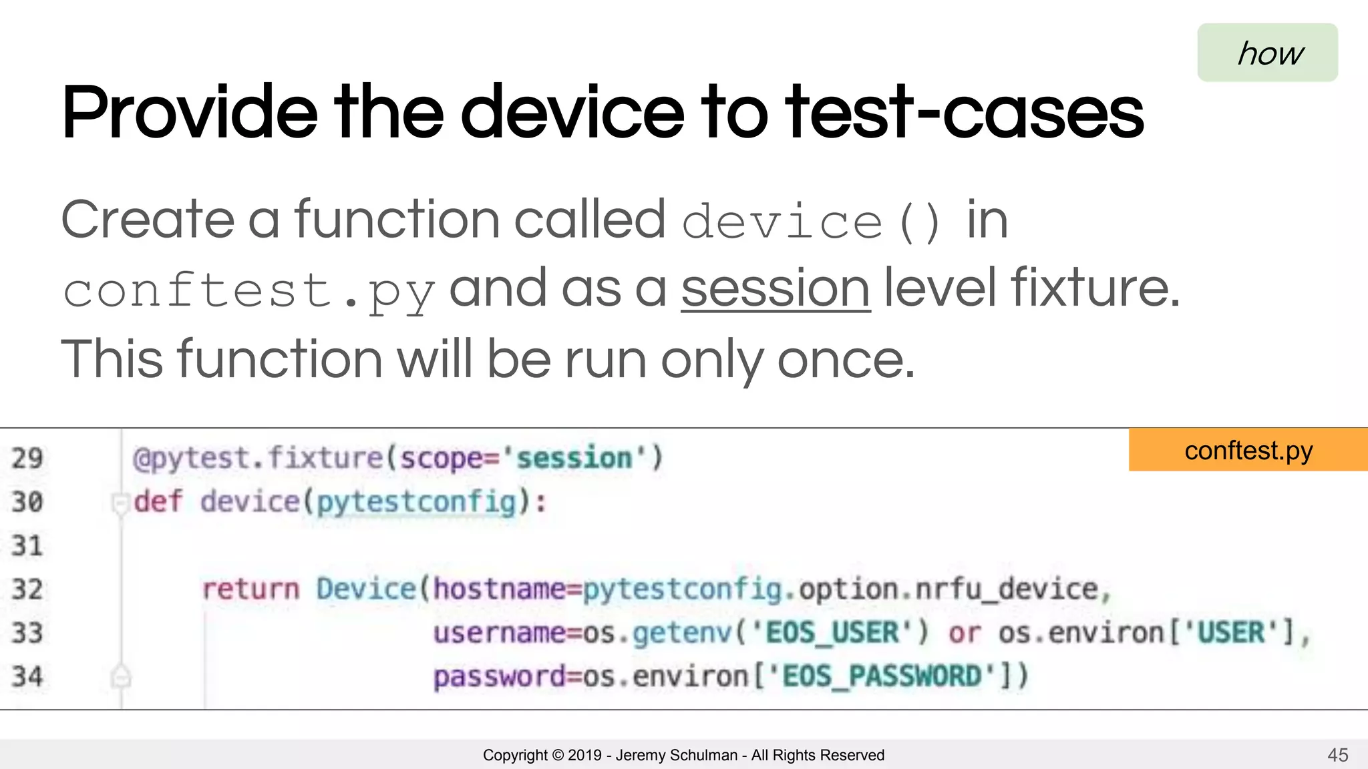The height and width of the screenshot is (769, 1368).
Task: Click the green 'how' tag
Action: point(1267,53)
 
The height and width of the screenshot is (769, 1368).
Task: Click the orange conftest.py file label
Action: point(1248,451)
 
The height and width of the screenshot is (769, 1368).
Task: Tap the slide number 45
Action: point(1337,755)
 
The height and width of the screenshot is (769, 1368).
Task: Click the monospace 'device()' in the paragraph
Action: point(812,222)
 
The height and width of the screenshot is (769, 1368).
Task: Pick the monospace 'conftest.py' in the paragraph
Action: point(249,292)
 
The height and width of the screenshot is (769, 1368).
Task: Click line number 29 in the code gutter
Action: point(27,459)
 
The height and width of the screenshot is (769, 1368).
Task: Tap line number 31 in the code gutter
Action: point(27,546)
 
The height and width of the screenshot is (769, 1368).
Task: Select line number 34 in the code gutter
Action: point(27,677)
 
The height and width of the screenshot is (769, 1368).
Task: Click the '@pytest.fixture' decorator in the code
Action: point(258,459)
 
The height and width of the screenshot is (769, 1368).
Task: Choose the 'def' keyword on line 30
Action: point(158,502)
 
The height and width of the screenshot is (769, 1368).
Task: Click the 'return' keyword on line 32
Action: point(250,589)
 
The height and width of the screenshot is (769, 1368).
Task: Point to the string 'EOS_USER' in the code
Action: point(832,633)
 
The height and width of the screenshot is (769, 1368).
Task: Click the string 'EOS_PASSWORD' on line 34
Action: point(882,677)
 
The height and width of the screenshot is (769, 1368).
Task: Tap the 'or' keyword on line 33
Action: point(965,633)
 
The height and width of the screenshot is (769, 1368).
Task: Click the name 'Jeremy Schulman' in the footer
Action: point(676,755)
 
